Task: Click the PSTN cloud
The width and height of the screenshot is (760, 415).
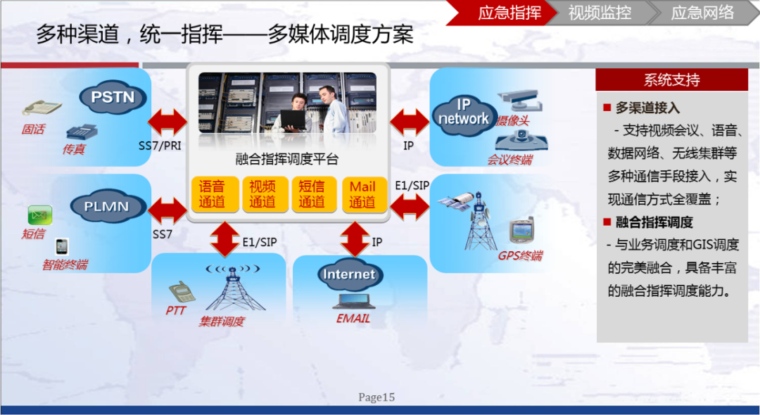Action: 113,97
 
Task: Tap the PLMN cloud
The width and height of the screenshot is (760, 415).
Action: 106,207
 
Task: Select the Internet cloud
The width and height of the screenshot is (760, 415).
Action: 349,274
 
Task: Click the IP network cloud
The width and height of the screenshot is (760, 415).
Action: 463,113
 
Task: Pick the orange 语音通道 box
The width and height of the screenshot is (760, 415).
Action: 212,194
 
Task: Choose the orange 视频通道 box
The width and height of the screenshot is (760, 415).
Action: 262,194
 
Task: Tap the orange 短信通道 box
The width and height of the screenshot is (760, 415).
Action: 312,194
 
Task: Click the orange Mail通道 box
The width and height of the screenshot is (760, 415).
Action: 362,194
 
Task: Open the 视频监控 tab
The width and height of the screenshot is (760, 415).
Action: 600,13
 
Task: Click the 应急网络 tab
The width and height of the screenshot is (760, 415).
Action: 702,13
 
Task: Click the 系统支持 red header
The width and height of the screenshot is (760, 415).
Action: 671,79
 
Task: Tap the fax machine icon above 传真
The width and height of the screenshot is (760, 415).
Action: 80,132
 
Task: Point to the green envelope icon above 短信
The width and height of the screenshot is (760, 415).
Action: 40,215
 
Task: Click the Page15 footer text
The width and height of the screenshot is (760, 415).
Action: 376,397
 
